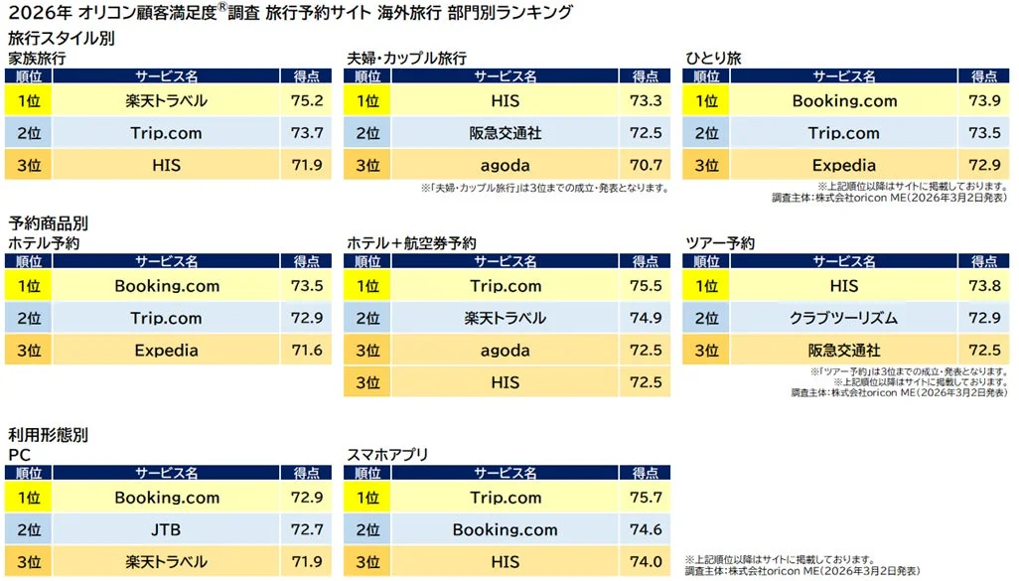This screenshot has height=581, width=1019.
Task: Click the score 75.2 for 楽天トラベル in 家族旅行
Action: coord(306,100)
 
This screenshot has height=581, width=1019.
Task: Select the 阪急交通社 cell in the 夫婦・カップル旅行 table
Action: coord(505,133)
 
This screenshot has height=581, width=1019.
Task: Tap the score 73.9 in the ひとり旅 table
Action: coord(984,100)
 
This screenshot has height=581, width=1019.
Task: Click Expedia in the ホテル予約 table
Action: coord(166,351)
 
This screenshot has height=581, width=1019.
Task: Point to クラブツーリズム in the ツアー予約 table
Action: coord(844,318)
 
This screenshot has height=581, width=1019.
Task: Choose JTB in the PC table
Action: coord(166,530)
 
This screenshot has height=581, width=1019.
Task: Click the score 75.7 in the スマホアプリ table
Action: coord(646,498)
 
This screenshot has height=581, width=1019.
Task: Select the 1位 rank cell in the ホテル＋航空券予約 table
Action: coord(367,286)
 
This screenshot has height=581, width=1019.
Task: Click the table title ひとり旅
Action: coord(713,59)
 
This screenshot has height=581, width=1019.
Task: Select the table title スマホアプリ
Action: coord(387,455)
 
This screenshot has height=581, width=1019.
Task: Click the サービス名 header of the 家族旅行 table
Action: coord(166,76)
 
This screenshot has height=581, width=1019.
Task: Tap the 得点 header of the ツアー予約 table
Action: coord(984,262)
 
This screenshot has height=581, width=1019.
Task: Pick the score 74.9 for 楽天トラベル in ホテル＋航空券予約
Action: coord(646,318)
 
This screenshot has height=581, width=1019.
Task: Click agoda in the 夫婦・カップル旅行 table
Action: coord(505,166)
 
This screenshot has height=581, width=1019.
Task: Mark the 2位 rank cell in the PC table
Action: coord(29,530)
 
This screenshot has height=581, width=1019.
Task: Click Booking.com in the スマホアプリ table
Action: coord(505,530)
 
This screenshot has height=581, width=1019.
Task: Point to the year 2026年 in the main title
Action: coord(32,14)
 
